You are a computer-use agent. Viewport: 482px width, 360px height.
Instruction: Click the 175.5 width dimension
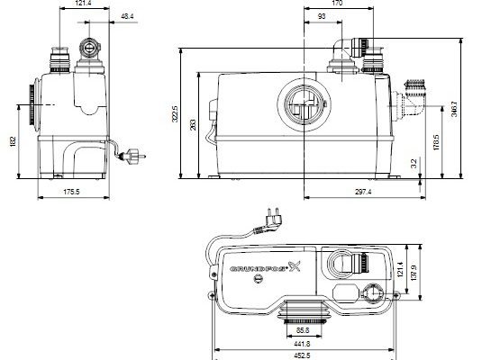click(x=71, y=192)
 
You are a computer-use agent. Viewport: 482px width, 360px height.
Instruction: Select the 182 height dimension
click(x=13, y=141)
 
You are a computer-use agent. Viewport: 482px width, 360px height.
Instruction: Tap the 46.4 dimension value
click(x=127, y=16)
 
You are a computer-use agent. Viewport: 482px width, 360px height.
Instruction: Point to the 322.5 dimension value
click(x=175, y=114)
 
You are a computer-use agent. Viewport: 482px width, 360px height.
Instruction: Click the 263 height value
click(x=193, y=125)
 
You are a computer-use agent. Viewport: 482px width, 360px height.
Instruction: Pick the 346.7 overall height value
click(x=454, y=109)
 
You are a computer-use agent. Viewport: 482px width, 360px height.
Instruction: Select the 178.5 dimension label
click(x=436, y=142)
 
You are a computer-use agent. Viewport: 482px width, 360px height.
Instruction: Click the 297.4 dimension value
click(x=363, y=192)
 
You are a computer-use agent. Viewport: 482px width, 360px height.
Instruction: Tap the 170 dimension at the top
click(x=337, y=3)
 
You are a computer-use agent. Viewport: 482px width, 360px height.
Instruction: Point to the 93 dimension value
click(x=322, y=16)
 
